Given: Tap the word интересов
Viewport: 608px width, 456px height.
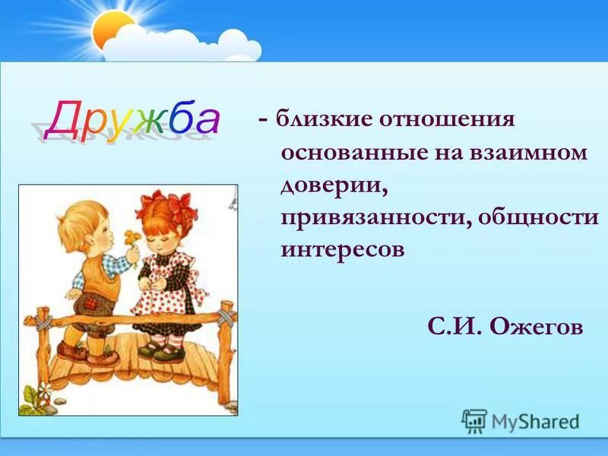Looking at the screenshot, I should tap(342, 249).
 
